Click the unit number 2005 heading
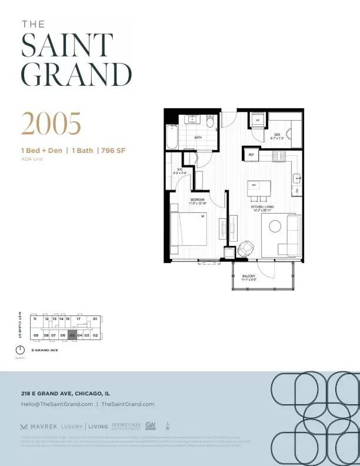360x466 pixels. pyautogui.click(x=51, y=124)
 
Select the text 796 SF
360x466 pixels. pyautogui.click(x=114, y=151)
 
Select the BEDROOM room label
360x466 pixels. pyautogui.click(x=197, y=201)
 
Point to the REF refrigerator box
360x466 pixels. pyautogui.click(x=251, y=155)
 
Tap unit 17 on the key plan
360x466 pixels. pyautogui.click(x=78, y=319)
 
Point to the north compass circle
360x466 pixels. pyautogui.click(x=21, y=351)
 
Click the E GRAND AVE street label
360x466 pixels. pyautogui.click(x=44, y=351)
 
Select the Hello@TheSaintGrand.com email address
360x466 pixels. pyautogui.click(x=57, y=404)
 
